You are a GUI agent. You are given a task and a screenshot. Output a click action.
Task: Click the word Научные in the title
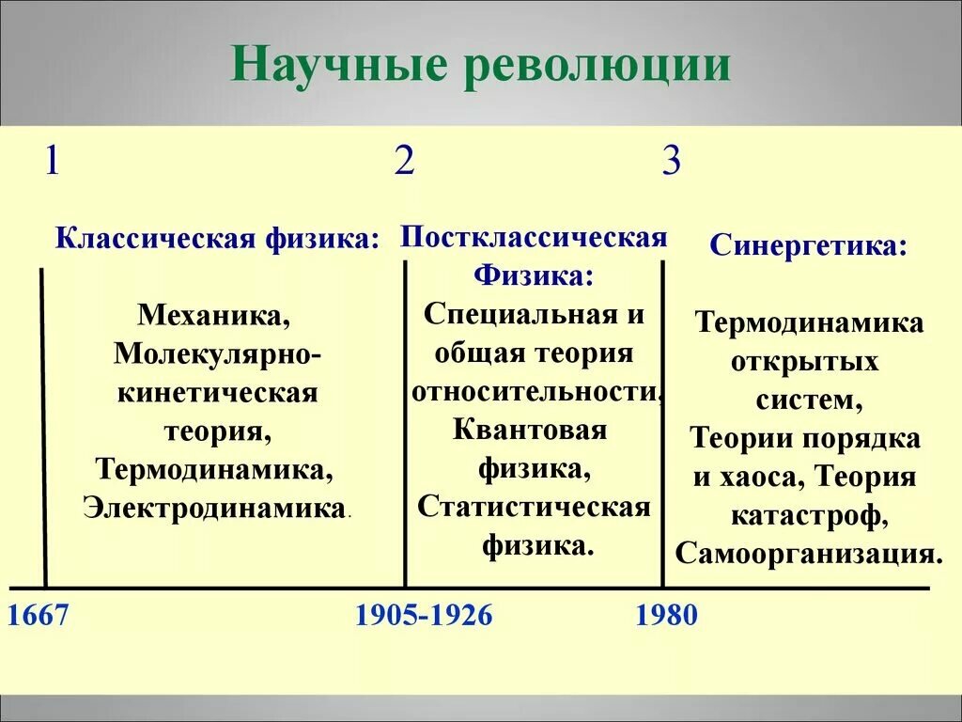[x=338, y=64]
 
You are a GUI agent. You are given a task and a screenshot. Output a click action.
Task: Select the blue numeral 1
[x=53, y=161]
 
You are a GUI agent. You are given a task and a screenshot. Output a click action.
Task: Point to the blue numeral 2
[x=404, y=161]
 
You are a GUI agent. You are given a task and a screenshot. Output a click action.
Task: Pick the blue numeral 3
[x=672, y=161]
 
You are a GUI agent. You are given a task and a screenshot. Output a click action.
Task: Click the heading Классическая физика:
[x=217, y=239]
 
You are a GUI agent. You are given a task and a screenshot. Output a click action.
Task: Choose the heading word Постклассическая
[x=534, y=237]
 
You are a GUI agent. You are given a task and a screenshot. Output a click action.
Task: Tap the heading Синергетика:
[x=808, y=246]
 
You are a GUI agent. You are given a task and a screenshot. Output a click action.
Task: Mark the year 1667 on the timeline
[x=38, y=615]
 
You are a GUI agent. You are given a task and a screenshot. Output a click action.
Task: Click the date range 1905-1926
[x=424, y=615]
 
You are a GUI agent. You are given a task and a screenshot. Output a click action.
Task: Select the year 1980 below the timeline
[x=667, y=615]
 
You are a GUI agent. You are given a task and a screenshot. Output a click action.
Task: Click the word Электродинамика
[x=214, y=509]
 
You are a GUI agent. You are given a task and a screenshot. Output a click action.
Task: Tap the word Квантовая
[x=530, y=430]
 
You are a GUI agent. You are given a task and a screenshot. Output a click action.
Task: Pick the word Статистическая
[x=534, y=507]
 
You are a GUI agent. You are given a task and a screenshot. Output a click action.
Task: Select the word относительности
[x=535, y=392]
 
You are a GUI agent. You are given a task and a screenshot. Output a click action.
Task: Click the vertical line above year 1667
[x=43, y=428]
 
